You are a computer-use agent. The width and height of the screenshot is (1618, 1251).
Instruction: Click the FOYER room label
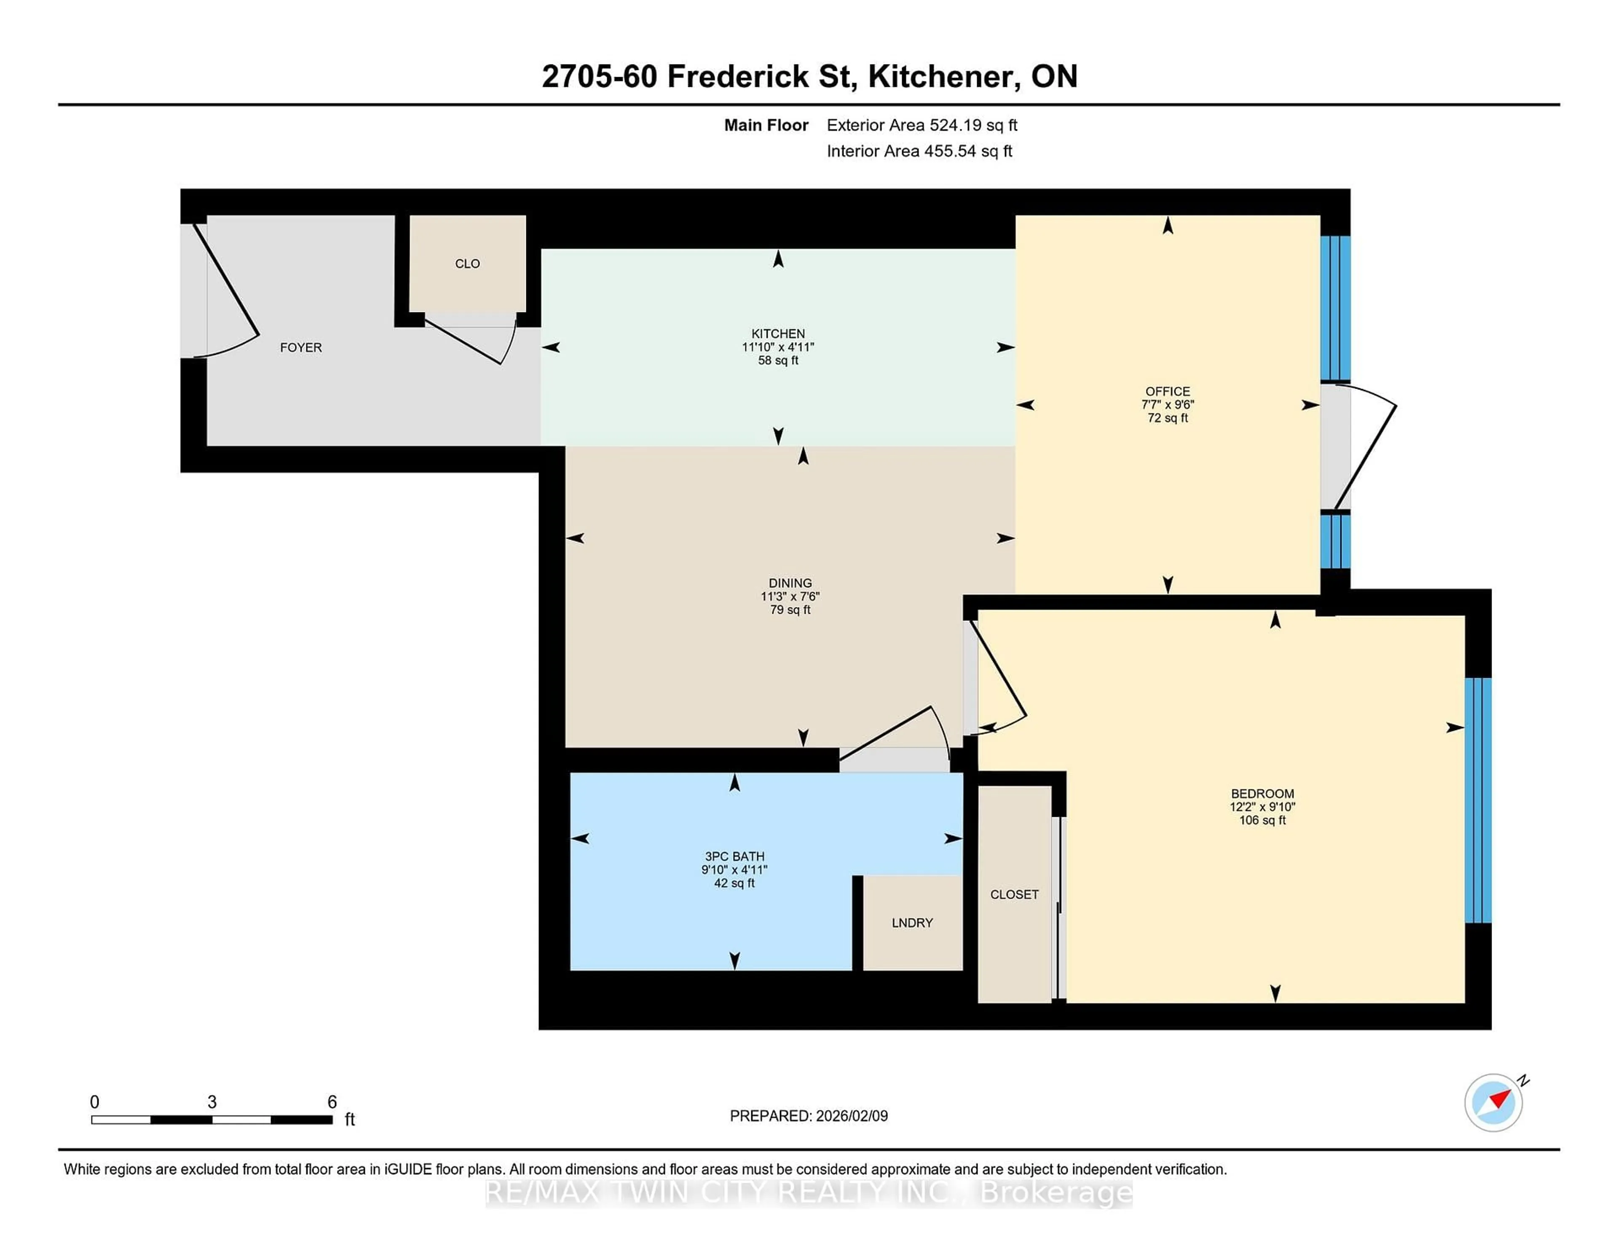pos(301,348)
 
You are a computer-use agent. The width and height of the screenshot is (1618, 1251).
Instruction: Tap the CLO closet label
pos(467,264)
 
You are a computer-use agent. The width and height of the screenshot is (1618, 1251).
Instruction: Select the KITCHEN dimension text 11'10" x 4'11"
pos(778,347)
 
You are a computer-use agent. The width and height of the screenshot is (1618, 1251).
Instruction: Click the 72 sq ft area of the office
pos(1168,418)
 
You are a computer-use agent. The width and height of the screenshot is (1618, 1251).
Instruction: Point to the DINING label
pos(790,583)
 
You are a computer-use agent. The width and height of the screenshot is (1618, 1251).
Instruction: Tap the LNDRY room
pos(912,923)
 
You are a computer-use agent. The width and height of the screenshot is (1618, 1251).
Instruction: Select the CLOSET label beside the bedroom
pos(1014,894)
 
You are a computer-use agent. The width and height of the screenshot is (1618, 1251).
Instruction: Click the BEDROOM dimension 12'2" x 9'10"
pos(1262,807)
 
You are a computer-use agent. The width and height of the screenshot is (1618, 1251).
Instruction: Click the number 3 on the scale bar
pos(212,1102)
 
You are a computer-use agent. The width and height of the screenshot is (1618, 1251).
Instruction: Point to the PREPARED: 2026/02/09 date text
pos(808,1116)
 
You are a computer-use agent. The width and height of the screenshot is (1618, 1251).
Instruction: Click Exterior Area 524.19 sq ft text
pos(922,125)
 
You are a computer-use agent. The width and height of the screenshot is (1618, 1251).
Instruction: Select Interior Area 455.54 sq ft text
pos(919,151)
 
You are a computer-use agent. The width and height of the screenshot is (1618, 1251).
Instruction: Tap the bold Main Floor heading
pos(766,125)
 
